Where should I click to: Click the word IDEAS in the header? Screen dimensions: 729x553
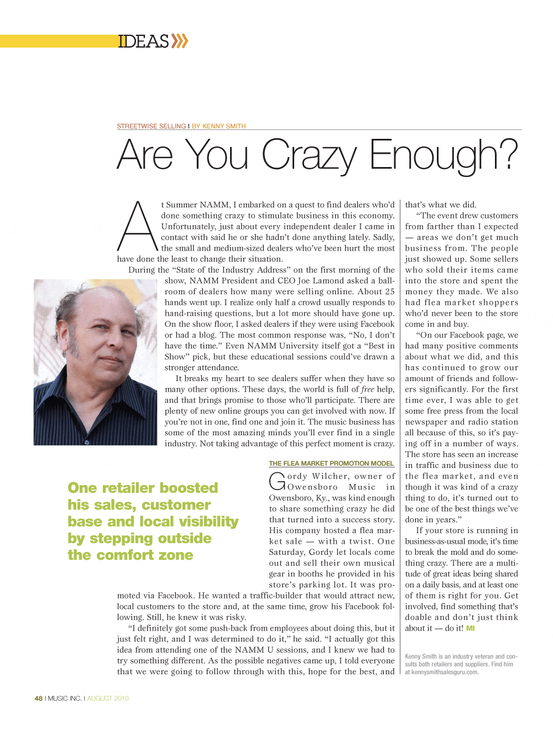(143, 41)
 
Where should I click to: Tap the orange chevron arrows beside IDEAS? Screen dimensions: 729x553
(180, 41)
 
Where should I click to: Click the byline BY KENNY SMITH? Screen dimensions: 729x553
(219, 126)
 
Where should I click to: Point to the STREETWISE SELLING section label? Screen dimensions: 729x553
(152, 126)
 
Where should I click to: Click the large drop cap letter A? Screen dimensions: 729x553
(138, 227)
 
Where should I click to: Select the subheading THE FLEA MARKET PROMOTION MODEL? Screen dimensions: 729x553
(331, 464)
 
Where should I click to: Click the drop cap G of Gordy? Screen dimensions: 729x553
(277, 481)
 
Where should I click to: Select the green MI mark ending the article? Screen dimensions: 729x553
(471, 628)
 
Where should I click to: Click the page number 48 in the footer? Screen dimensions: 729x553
(38, 699)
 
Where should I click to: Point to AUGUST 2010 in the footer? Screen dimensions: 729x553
(108, 699)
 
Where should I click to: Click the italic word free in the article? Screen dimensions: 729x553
(368, 389)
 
